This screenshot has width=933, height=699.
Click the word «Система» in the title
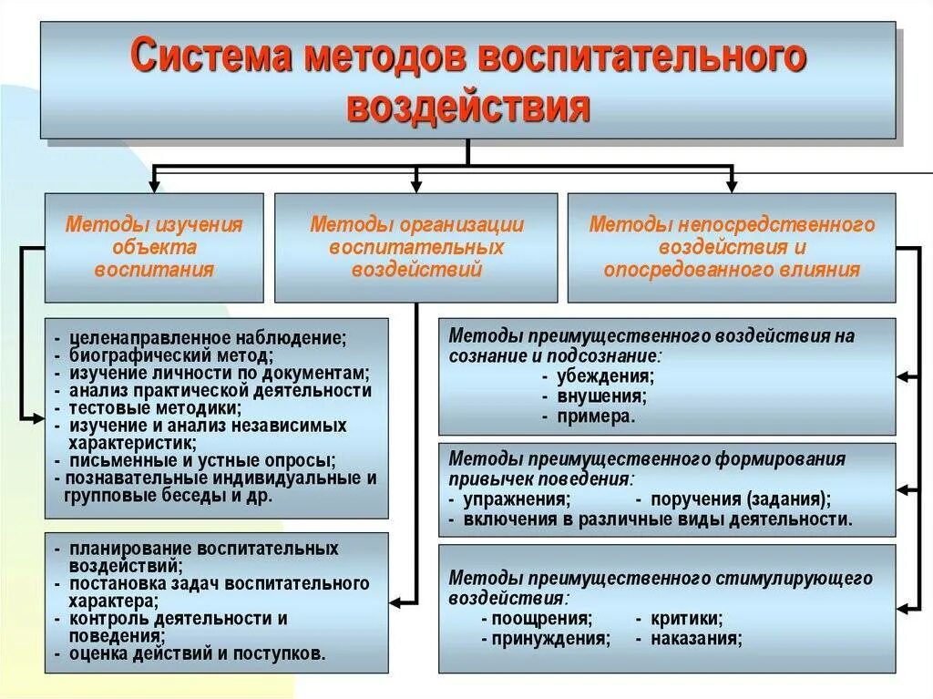point(212,57)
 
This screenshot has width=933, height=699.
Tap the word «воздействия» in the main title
point(468,107)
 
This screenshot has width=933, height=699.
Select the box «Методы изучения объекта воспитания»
point(154,247)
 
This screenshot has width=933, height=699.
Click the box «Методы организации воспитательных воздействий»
point(416,247)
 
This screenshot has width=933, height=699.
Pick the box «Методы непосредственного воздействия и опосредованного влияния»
point(732,247)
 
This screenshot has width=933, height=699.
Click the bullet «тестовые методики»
point(153,408)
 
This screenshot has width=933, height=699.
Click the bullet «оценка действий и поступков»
point(196,653)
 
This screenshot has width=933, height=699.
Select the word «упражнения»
point(517,499)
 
